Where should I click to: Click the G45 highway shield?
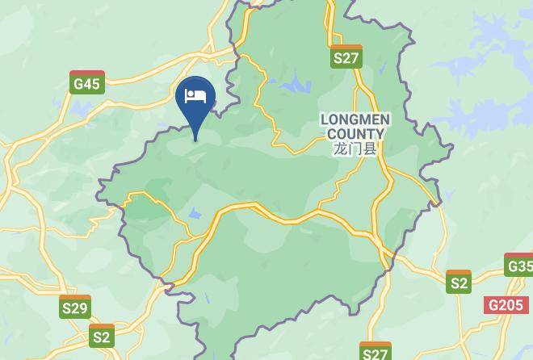click(x=86, y=82)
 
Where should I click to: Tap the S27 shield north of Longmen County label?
click(x=346, y=57)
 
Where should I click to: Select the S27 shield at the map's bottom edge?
click(x=375, y=353)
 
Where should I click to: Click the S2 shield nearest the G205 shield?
click(x=459, y=282)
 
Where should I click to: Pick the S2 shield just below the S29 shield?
click(x=102, y=336)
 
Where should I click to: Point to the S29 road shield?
click(x=75, y=307)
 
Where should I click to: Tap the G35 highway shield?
click(x=519, y=266)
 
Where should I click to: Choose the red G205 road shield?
click(x=505, y=305)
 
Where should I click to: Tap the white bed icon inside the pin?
click(x=195, y=96)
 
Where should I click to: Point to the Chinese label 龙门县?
click(x=355, y=149)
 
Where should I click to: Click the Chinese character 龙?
click(x=340, y=149)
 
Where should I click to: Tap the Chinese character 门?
click(x=355, y=149)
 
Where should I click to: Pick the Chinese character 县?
click(x=371, y=149)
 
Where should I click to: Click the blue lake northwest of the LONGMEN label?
click(x=295, y=83)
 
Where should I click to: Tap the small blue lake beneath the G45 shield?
click(x=82, y=107)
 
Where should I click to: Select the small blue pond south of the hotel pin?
click(x=195, y=214)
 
